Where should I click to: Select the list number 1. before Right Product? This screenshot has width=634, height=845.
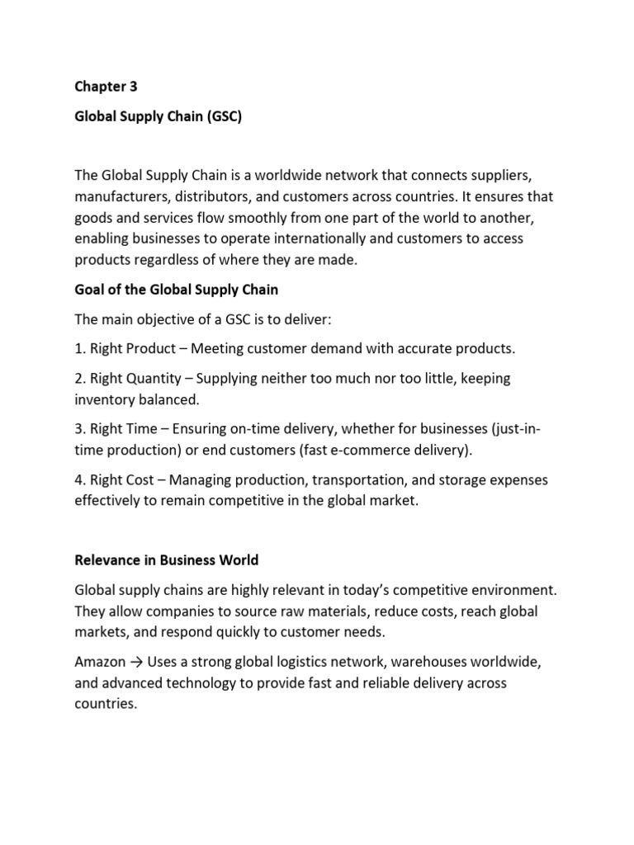(x=80, y=349)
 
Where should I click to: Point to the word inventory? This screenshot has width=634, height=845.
(x=104, y=399)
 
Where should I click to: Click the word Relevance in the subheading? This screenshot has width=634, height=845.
(x=107, y=559)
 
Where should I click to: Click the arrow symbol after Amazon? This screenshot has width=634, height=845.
(x=138, y=663)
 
